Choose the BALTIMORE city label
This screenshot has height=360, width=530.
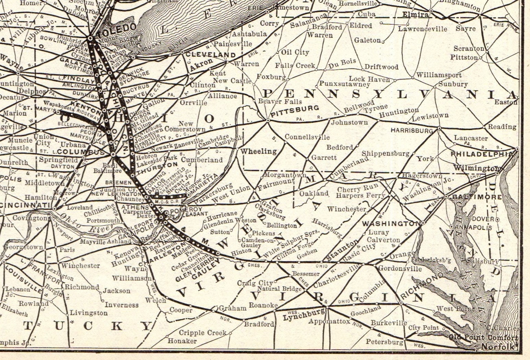[477, 197]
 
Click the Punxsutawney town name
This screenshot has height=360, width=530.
[344, 84]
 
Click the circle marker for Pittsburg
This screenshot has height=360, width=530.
[268, 120]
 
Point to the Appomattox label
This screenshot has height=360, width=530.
[329, 322]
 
